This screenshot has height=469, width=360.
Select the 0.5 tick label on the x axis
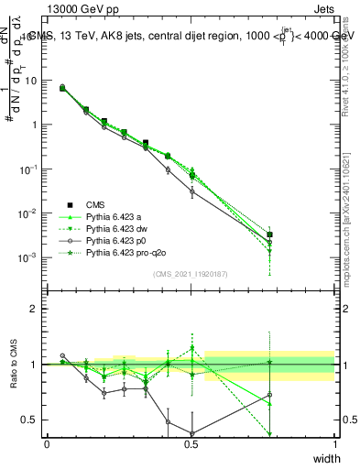tap(191, 444)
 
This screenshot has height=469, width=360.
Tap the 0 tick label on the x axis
tap(47, 444)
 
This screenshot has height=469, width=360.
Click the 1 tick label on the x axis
tap(335, 444)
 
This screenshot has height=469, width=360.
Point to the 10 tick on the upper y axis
tap(32, 81)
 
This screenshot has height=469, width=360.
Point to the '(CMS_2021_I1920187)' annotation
tap(191, 274)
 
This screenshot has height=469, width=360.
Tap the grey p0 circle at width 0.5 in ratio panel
tap(191, 434)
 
